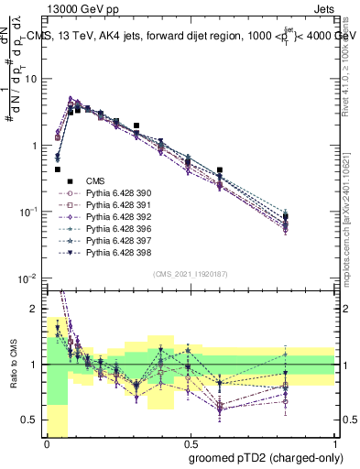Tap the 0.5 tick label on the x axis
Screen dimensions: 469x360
190,442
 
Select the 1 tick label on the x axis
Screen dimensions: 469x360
335,442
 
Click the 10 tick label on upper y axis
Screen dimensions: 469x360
32,79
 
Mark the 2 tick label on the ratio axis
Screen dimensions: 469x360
35,309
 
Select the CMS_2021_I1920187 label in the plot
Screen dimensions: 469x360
190,274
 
